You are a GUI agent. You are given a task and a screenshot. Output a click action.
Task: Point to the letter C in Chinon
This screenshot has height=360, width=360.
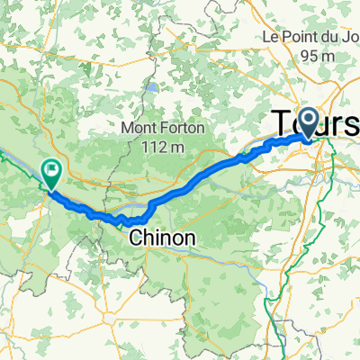(137, 238)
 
